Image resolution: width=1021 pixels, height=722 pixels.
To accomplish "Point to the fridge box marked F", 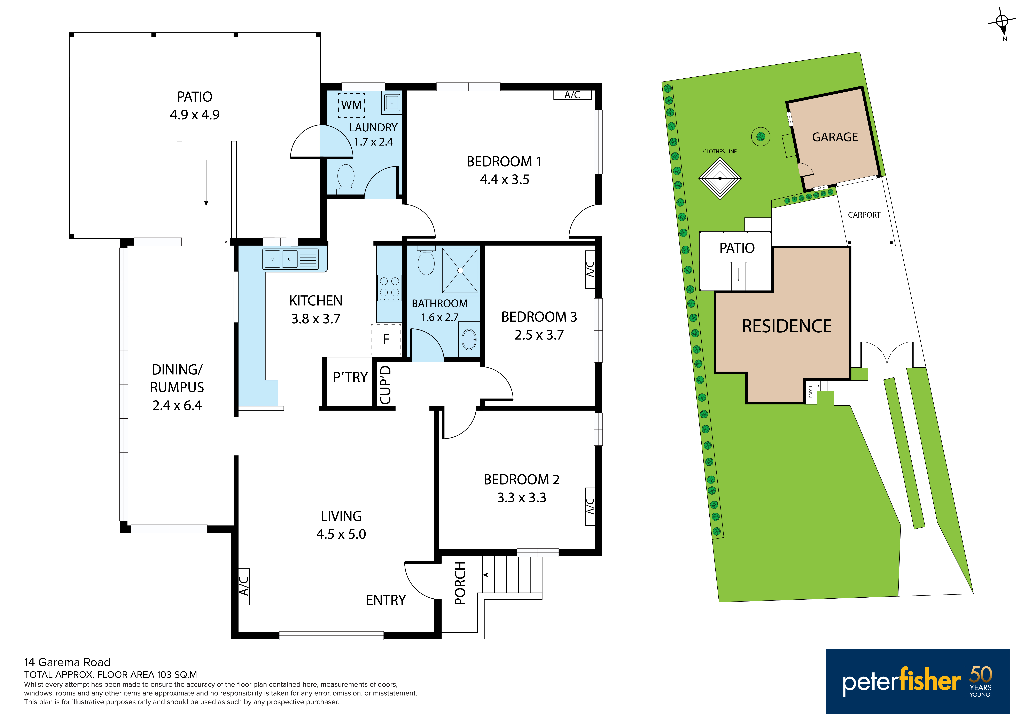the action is click(386, 339).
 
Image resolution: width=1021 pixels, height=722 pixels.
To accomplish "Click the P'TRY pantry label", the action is click(350, 377).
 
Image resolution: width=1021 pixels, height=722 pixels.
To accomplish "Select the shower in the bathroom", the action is click(460, 270).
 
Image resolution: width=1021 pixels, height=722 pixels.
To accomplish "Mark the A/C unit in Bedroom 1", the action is click(572, 95).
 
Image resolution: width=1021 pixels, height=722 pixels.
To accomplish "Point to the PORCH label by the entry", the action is click(460, 583).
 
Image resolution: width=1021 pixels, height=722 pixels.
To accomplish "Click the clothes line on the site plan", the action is click(720, 178).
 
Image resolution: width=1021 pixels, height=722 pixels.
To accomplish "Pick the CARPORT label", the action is click(864, 215).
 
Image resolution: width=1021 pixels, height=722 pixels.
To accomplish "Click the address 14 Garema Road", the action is click(67, 662).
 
